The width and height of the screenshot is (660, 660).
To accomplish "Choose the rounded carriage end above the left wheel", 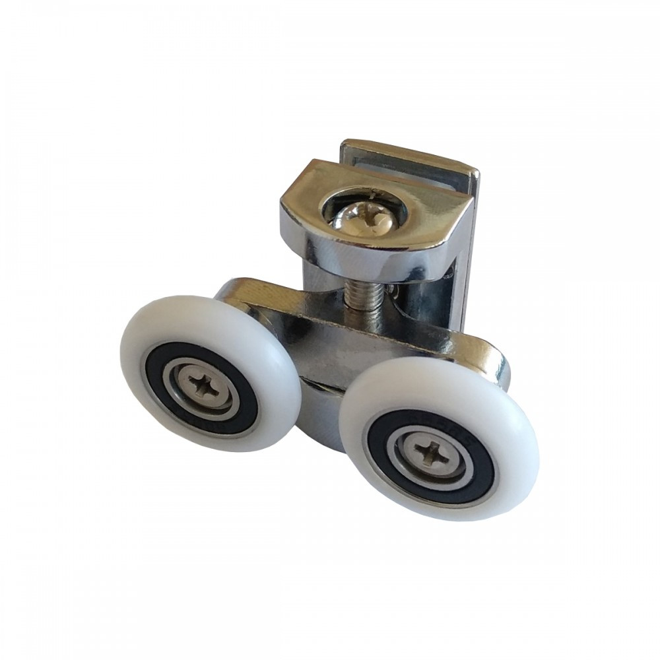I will click(238, 290).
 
